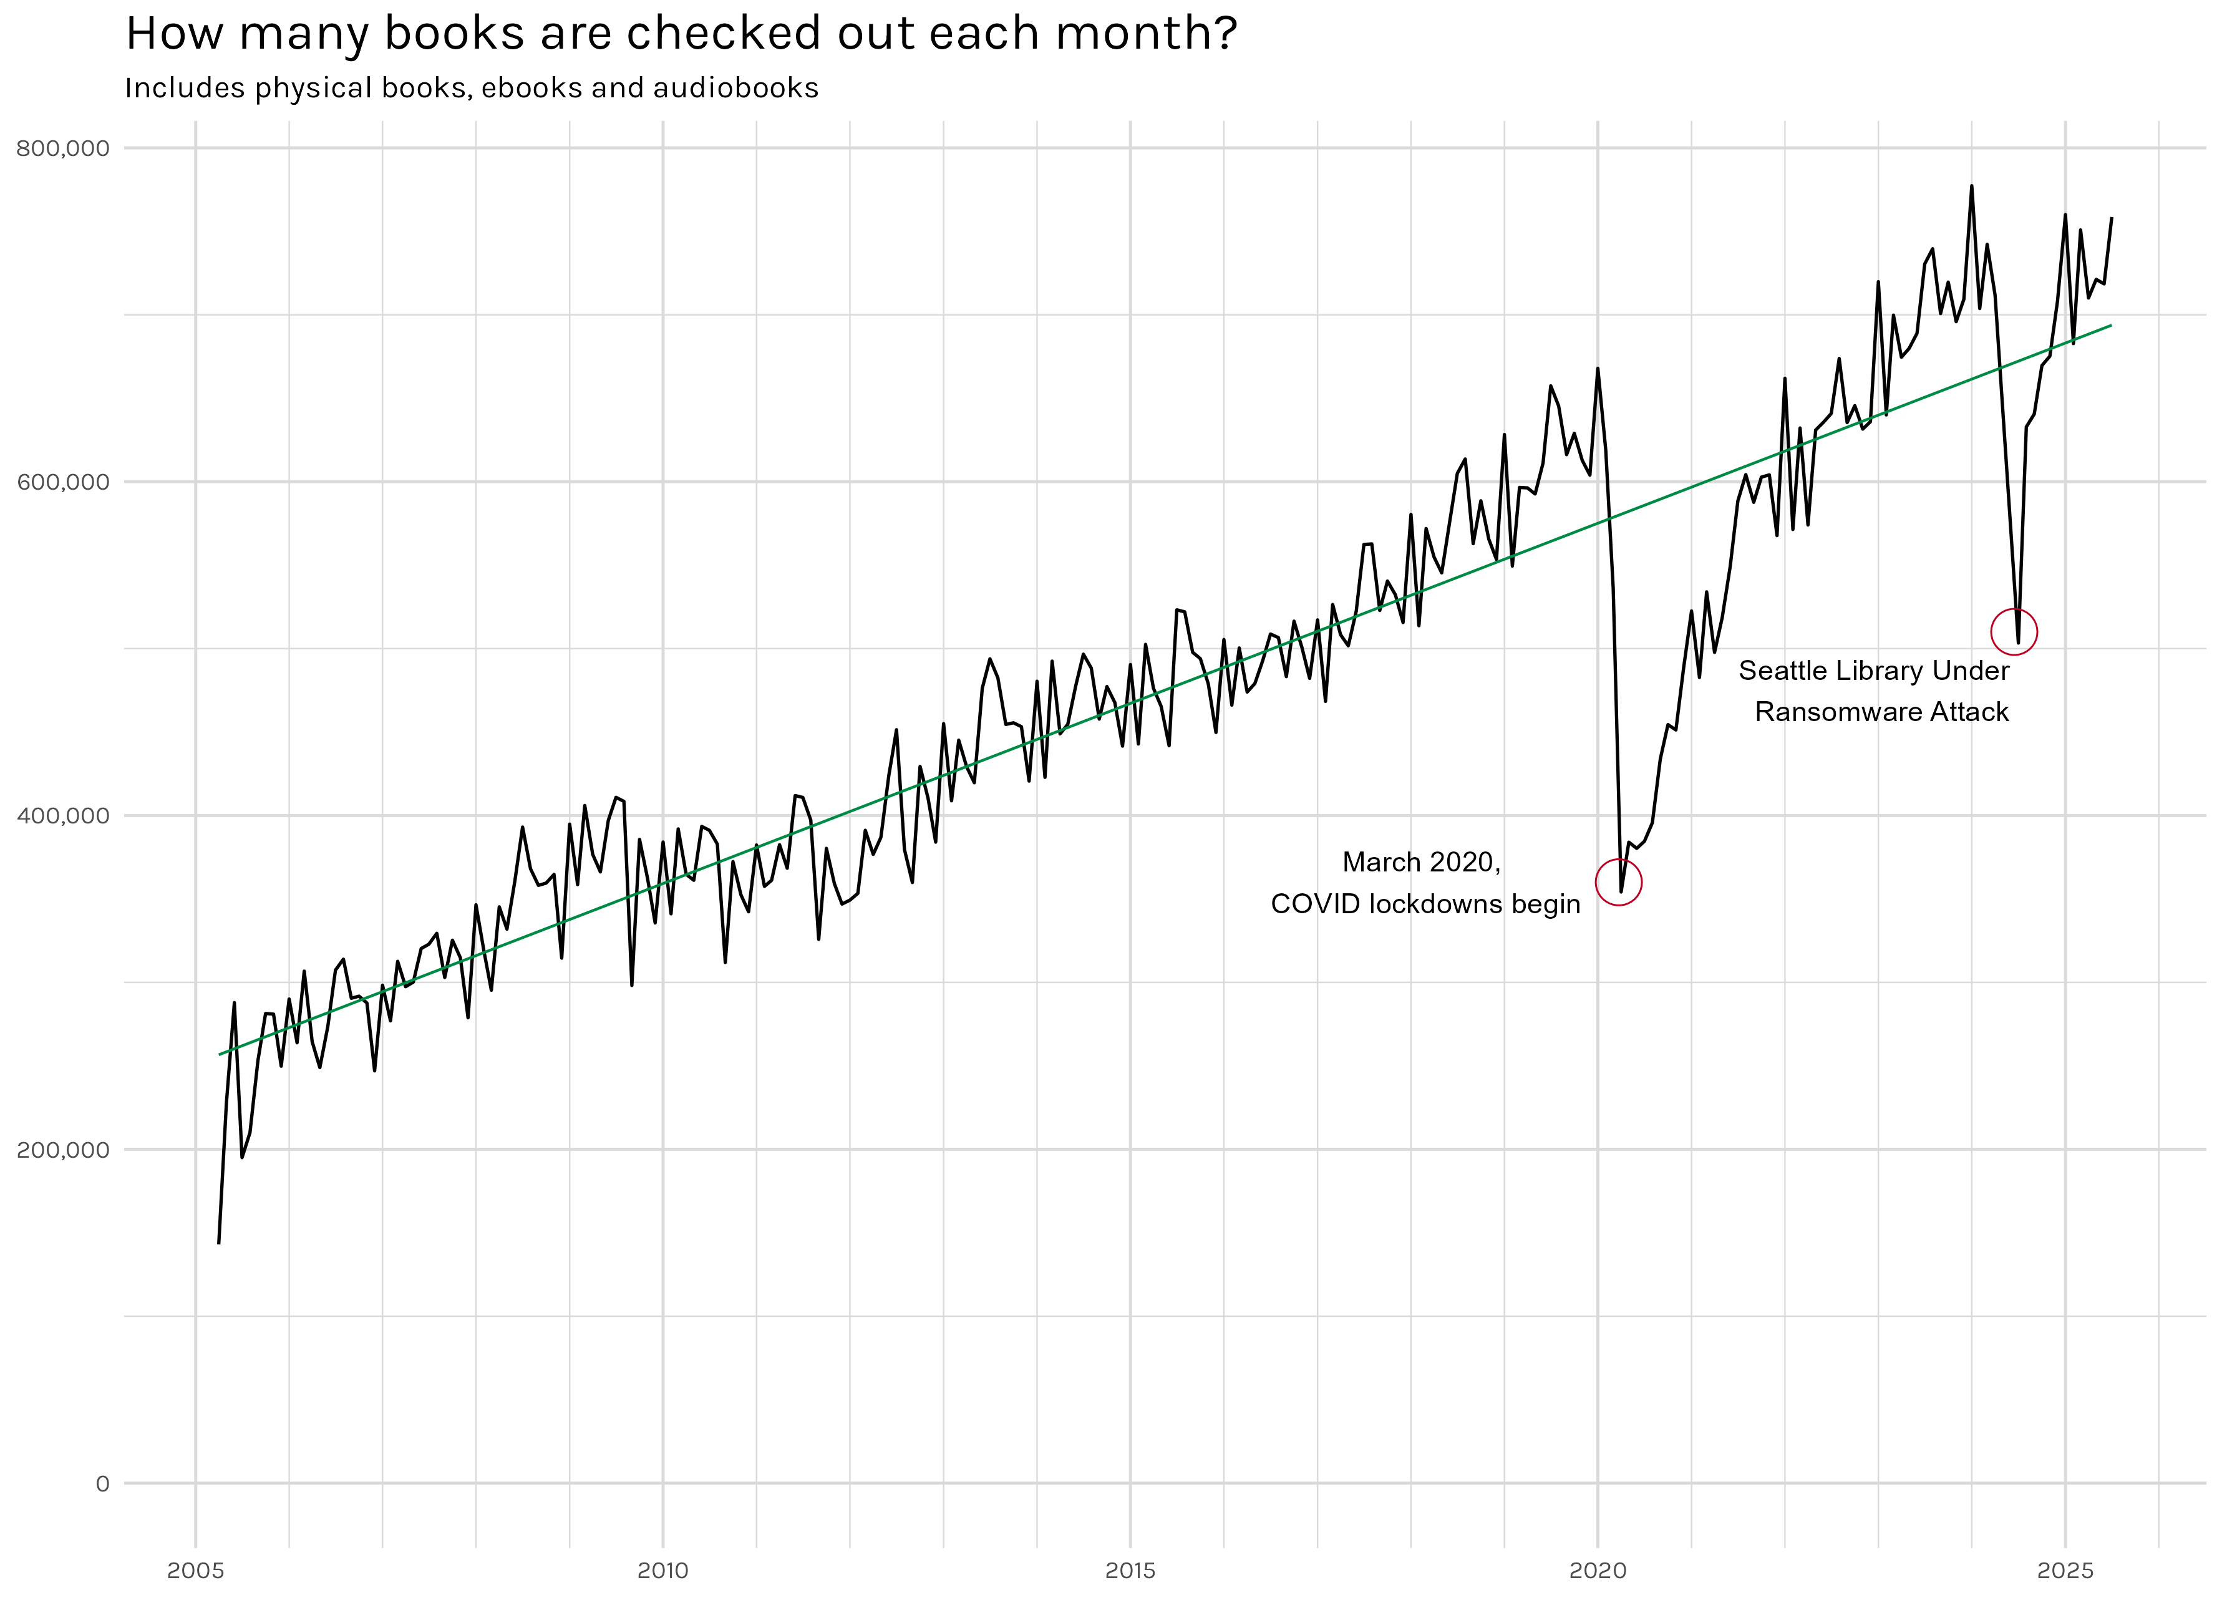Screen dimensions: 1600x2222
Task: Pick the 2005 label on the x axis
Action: coord(195,1571)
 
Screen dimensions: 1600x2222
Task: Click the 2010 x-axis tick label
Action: coord(663,1571)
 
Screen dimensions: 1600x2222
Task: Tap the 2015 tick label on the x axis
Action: coord(1130,1571)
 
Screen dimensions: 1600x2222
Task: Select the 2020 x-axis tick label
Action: coord(1598,1571)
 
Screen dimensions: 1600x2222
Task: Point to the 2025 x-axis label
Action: coord(2065,1571)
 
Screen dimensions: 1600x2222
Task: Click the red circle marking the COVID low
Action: coord(1619,882)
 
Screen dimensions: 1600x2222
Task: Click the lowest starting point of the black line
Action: coord(218,1243)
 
